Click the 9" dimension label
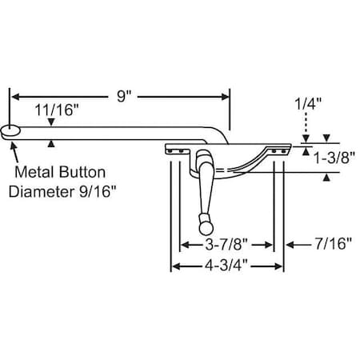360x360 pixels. tap(123, 95)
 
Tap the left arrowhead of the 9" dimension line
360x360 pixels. tap(14, 96)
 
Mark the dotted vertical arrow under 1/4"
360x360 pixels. tap(305, 126)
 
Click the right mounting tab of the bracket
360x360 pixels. tap(278, 149)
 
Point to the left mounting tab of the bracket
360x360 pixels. tap(174, 149)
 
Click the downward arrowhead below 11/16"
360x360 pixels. tap(52, 122)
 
